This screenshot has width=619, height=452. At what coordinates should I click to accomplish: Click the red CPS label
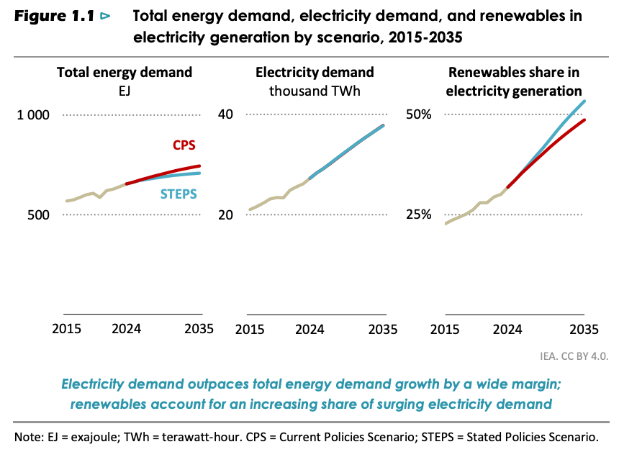(x=184, y=145)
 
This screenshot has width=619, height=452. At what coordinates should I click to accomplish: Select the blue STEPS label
(x=179, y=194)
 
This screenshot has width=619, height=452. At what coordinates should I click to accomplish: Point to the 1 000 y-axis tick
(x=32, y=115)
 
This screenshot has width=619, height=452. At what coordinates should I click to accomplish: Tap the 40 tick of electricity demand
(x=227, y=115)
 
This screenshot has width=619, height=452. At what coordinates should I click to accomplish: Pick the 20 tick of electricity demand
(x=227, y=215)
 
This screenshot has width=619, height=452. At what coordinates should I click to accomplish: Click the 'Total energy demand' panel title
(x=125, y=72)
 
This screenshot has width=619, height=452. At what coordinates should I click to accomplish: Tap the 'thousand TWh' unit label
(x=314, y=91)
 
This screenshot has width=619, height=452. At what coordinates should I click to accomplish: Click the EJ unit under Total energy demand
(x=124, y=91)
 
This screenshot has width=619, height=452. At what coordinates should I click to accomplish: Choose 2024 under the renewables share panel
(x=508, y=330)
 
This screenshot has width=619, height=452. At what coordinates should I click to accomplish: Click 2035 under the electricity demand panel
(x=384, y=330)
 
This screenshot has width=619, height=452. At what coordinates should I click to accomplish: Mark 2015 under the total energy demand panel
(x=67, y=330)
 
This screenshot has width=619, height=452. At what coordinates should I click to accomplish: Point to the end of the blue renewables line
(x=584, y=101)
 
